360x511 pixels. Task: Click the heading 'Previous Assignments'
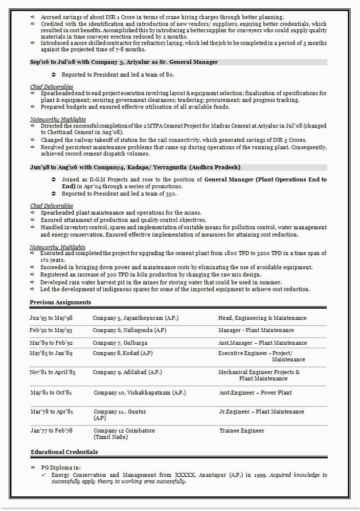tap(60, 302)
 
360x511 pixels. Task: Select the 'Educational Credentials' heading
tap(64, 452)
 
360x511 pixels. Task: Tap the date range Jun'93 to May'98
tap(51, 318)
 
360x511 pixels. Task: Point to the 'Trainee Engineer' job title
tap(242, 430)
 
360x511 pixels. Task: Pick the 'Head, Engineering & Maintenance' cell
tap(262, 318)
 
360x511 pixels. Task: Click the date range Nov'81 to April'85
tap(52, 372)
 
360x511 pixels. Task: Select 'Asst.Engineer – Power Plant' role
tap(255, 392)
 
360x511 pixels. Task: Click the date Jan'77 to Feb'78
tap(51, 430)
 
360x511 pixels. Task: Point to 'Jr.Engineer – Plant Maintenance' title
tap(262, 411)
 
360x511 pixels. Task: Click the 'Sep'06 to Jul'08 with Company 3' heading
tap(124, 62)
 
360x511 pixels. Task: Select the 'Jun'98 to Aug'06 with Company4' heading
tap(135, 167)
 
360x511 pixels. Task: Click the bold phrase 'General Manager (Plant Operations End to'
tap(266, 179)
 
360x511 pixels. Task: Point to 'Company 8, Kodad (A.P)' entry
tap(122, 353)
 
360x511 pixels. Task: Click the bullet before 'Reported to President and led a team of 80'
tap(53, 74)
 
